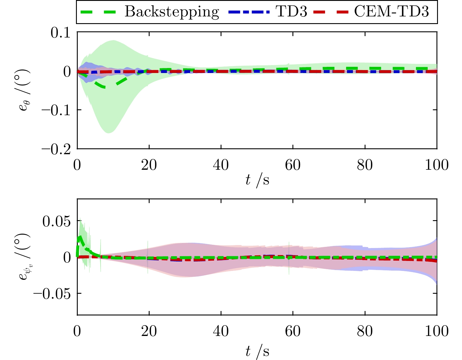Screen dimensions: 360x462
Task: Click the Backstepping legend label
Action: (172, 12)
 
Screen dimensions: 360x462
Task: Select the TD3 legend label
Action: (291, 12)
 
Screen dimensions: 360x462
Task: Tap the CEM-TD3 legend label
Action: (391, 12)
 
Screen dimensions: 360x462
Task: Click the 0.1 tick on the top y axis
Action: (61, 33)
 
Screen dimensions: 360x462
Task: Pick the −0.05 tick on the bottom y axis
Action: (52, 293)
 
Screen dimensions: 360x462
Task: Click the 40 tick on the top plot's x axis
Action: (221, 165)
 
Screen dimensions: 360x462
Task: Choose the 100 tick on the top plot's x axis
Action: (437, 165)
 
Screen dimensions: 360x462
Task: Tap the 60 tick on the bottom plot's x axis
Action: (293, 332)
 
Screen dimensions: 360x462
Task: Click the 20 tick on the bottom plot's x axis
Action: (149, 332)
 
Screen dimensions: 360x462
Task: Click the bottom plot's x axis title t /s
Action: (257, 351)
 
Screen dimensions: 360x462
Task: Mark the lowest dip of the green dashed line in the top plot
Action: (104, 87)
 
